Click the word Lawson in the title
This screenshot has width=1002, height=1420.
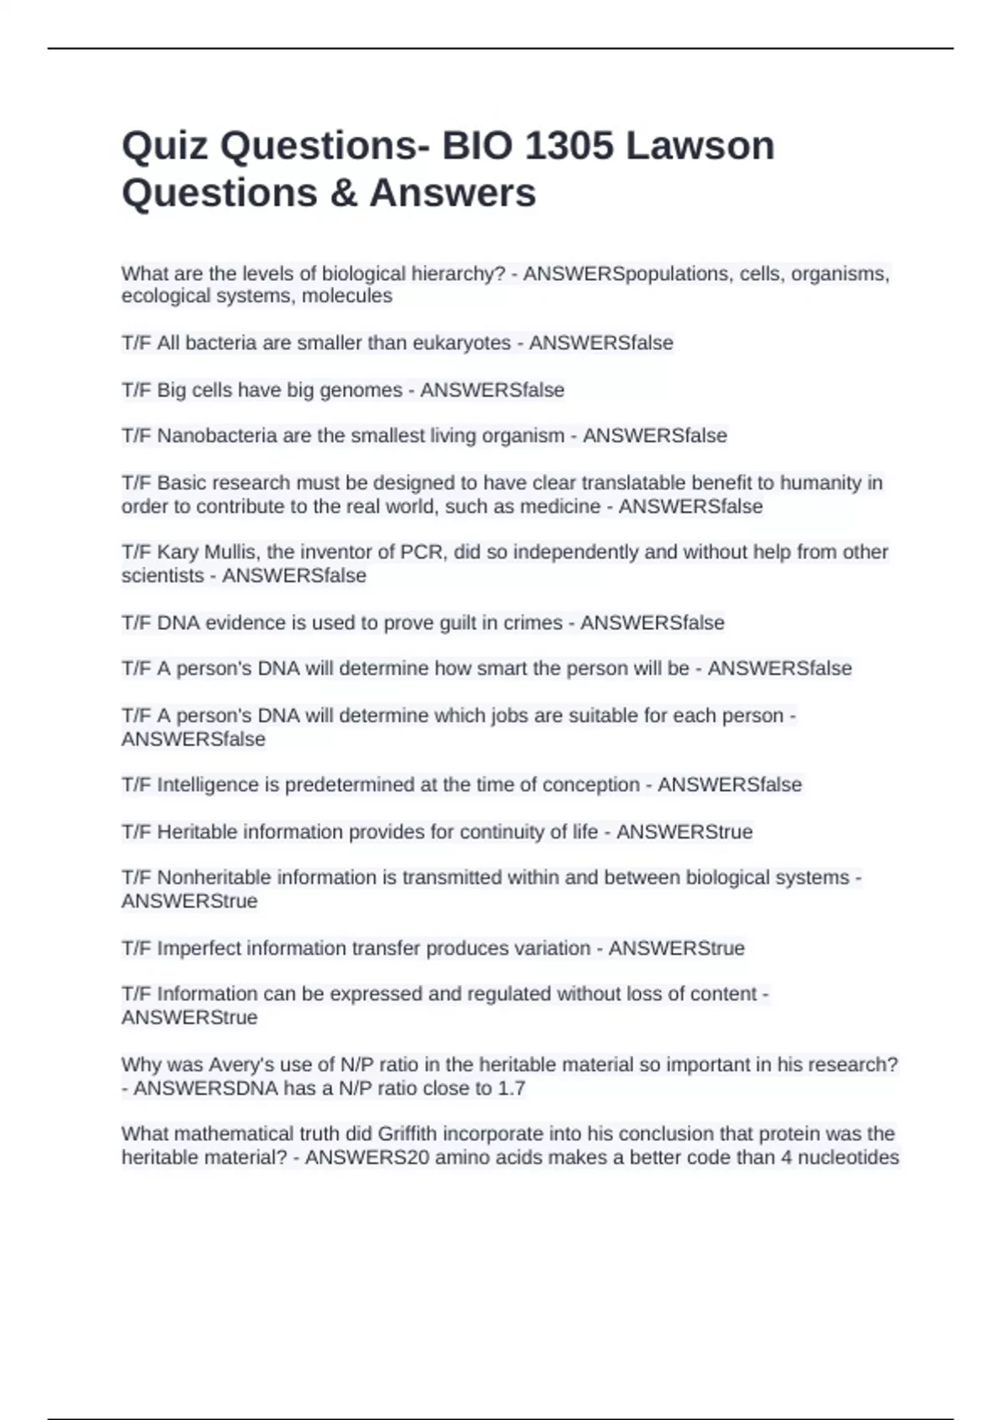click(700, 146)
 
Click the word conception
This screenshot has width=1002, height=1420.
click(591, 785)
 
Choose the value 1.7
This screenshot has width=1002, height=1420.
click(511, 1088)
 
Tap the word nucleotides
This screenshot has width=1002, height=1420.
click(848, 1158)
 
